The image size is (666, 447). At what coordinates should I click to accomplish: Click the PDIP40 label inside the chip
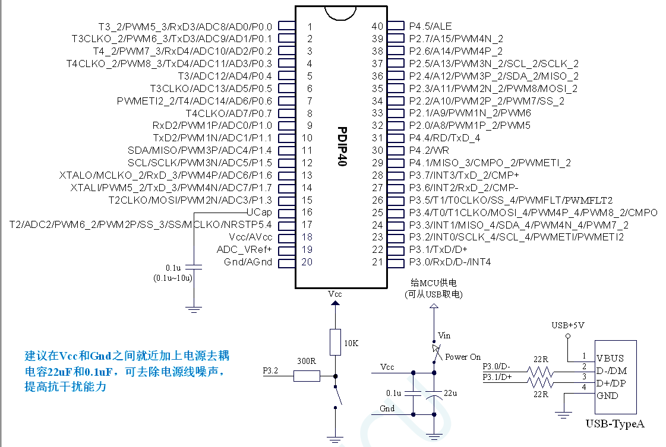342,145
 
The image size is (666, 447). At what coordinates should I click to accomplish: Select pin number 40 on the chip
377,26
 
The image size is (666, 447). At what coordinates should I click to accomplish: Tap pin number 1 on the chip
310,27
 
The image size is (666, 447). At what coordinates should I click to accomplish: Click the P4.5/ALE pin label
430,26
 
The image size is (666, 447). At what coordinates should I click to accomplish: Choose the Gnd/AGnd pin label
248,262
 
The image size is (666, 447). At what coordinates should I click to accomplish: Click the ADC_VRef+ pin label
244,249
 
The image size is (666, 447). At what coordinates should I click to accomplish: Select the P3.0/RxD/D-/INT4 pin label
450,262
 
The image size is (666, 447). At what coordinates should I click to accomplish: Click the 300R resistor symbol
307,376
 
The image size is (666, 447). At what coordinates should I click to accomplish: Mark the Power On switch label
463,357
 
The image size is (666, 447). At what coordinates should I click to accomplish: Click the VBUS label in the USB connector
610,358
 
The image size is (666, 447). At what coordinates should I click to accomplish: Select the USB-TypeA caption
615,424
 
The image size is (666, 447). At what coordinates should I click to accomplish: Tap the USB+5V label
568,325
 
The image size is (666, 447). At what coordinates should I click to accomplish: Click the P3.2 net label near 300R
270,372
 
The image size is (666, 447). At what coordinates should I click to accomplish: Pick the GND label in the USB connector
607,396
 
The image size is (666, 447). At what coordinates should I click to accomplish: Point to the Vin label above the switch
444,335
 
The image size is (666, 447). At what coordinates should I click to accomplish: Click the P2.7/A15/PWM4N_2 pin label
456,39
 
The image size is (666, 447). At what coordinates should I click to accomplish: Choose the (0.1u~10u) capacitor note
173,277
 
